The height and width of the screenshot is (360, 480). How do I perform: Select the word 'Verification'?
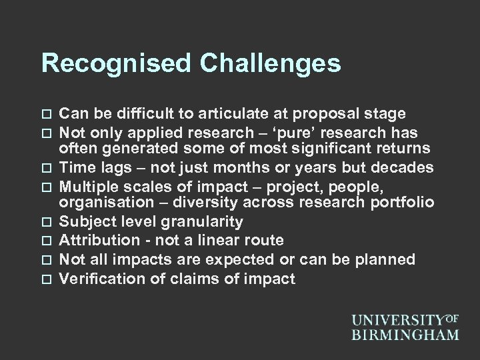pos(98,278)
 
